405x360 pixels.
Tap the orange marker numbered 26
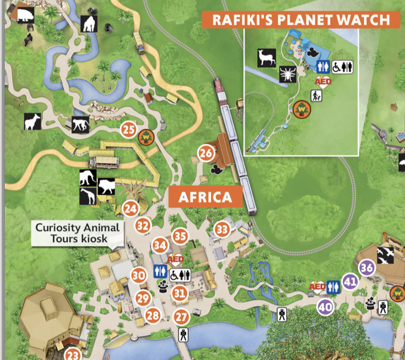click(206, 154)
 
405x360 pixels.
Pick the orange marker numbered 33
click(222, 229)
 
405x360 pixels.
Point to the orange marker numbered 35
click(180, 236)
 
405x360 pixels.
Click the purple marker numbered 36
click(367, 268)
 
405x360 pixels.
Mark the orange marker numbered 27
click(181, 317)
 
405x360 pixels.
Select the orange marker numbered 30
click(139, 276)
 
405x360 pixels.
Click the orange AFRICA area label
click(205, 197)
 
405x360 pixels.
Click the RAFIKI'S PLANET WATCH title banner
click(299, 20)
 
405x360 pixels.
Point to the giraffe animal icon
click(88, 196)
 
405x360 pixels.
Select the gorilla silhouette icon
click(89, 24)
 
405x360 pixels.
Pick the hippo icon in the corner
click(25, 15)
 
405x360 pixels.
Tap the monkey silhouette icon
click(80, 124)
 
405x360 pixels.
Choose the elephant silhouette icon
click(88, 178)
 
